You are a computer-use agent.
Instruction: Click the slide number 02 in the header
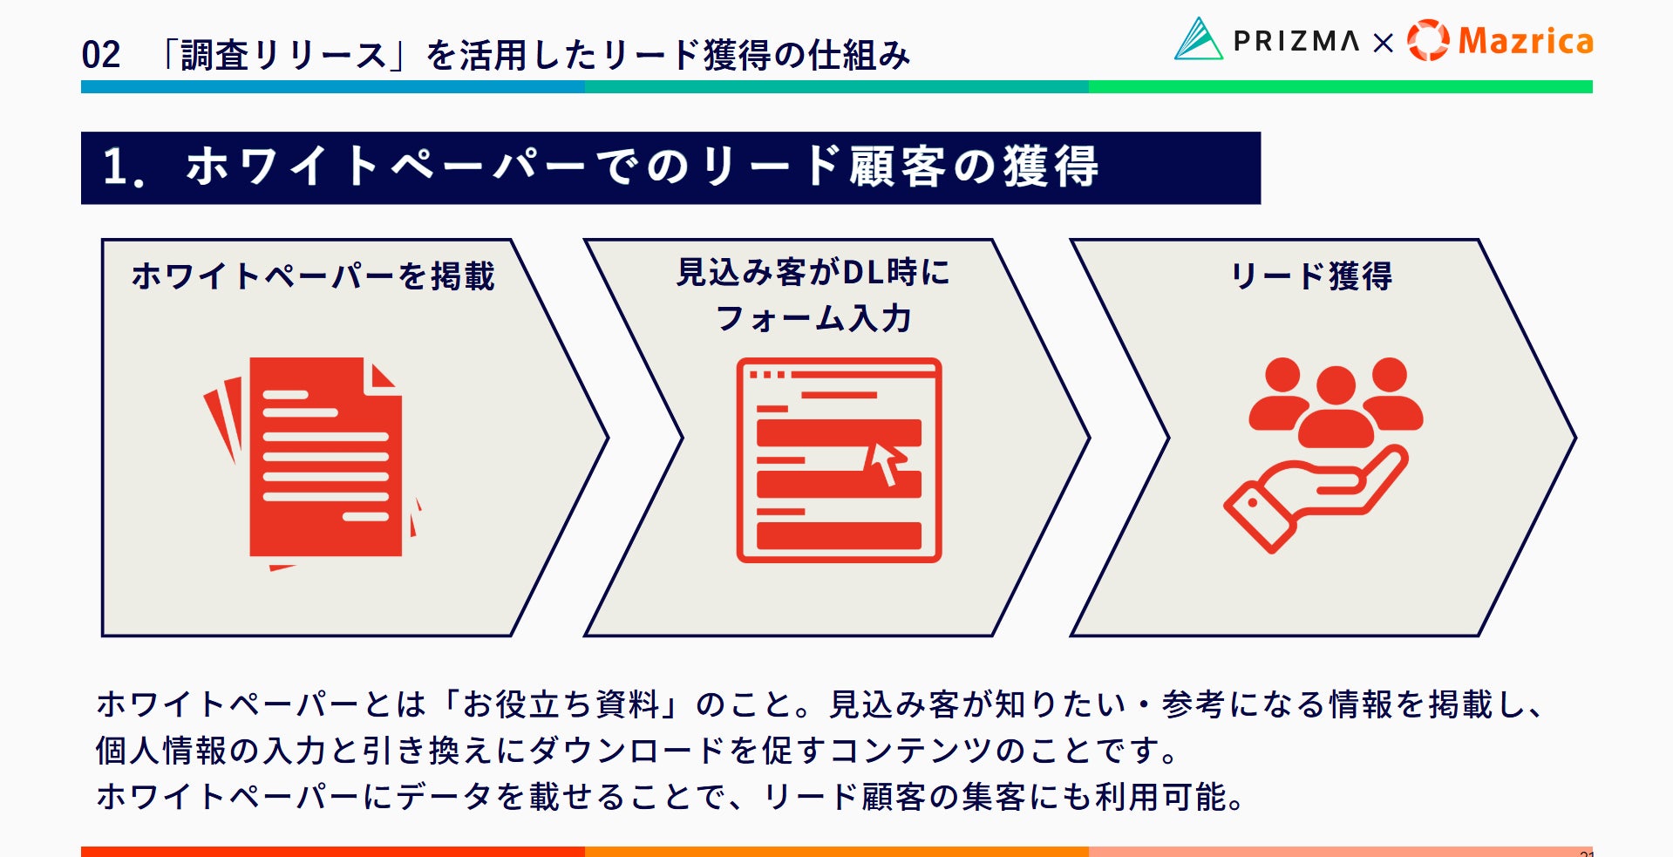click(x=101, y=55)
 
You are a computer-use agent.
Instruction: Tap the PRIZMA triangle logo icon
click(x=1198, y=39)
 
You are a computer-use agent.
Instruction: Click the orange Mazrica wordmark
click(x=1526, y=41)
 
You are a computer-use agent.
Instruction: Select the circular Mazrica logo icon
click(x=1428, y=40)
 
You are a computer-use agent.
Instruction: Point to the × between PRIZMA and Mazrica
click(x=1384, y=43)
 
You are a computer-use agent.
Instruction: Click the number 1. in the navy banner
click(x=123, y=167)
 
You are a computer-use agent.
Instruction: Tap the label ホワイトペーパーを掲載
click(x=313, y=276)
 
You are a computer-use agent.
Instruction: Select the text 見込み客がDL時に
click(x=813, y=273)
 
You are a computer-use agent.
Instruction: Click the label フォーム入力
click(x=813, y=319)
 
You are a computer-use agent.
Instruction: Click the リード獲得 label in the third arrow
click(x=1310, y=276)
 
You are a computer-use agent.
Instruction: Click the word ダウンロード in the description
click(x=626, y=751)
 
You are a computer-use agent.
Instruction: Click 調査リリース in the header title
click(x=284, y=55)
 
